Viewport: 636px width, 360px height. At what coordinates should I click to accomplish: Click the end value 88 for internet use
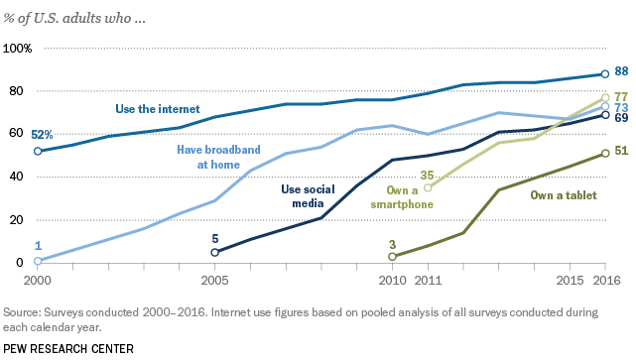click(x=622, y=71)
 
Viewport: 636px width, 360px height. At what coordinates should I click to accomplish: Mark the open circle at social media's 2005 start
click(x=215, y=252)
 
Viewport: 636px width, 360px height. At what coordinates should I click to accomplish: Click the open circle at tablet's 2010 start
click(x=393, y=257)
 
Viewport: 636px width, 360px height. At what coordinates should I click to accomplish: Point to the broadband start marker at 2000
click(x=38, y=261)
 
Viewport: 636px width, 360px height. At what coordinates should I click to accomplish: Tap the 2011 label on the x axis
click(x=428, y=281)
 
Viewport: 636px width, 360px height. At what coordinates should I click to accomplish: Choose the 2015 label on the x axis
click(x=570, y=281)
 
